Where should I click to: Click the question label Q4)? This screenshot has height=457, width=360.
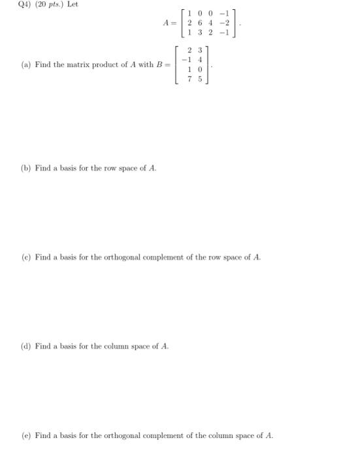click(11, 5)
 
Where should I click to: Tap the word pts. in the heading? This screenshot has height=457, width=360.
click(50, 5)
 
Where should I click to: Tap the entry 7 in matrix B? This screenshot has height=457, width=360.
click(190, 78)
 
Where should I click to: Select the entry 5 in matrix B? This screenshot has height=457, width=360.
click(199, 78)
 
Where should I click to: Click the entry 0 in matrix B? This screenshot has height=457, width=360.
click(199, 69)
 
